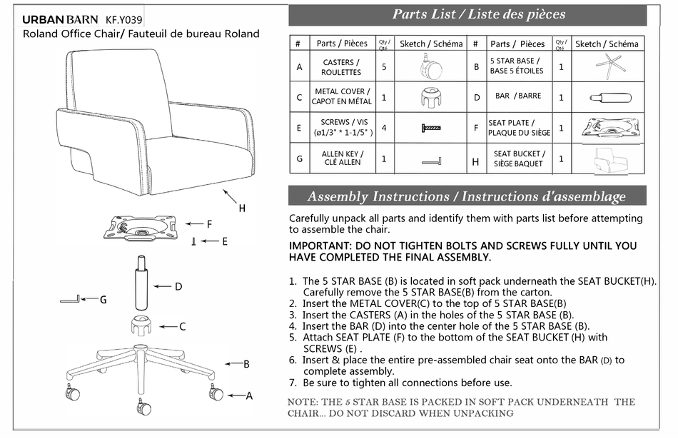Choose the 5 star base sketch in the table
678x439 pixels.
click(609, 66)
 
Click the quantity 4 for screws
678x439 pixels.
click(384, 128)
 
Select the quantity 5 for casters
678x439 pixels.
click(384, 67)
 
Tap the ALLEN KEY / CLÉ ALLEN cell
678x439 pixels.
click(341, 158)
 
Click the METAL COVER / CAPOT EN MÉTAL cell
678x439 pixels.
click(341, 96)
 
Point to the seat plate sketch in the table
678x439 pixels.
click(609, 128)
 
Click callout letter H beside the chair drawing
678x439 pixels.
click(242, 208)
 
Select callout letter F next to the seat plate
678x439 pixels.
click(209, 224)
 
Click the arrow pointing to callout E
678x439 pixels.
click(208, 242)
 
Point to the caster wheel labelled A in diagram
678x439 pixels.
click(215, 392)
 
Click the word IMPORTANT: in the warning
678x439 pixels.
click(320, 246)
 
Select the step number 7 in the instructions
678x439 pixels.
click(293, 383)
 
